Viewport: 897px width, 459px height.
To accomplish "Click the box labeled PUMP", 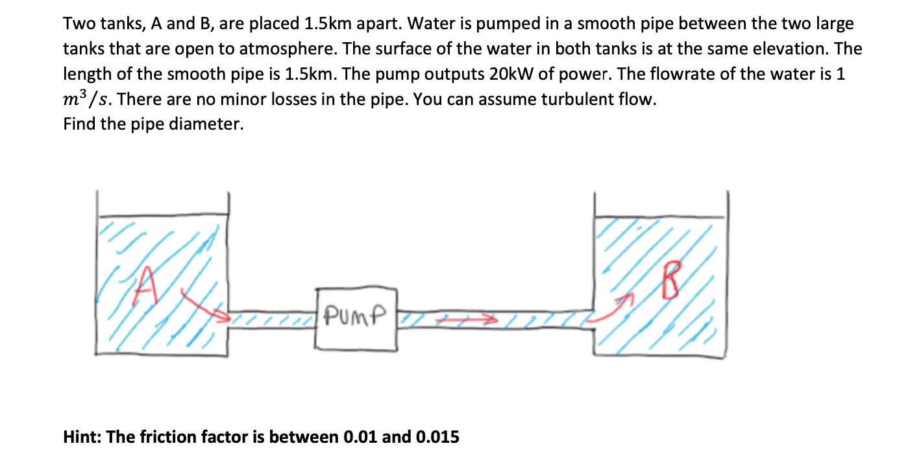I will point(356,318).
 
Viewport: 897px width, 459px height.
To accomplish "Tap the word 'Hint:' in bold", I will point(82,437).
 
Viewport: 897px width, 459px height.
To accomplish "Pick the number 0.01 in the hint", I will point(358,437).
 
